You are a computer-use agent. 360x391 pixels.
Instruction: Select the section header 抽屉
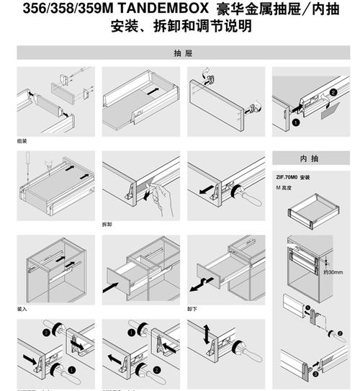(x=181, y=53)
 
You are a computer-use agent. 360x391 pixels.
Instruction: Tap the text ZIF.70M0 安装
(x=294, y=177)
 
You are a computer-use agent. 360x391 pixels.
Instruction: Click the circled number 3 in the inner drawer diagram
(x=314, y=374)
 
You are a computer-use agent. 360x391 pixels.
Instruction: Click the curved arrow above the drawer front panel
(x=207, y=73)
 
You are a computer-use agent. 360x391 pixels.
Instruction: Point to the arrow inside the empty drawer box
(x=152, y=92)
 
